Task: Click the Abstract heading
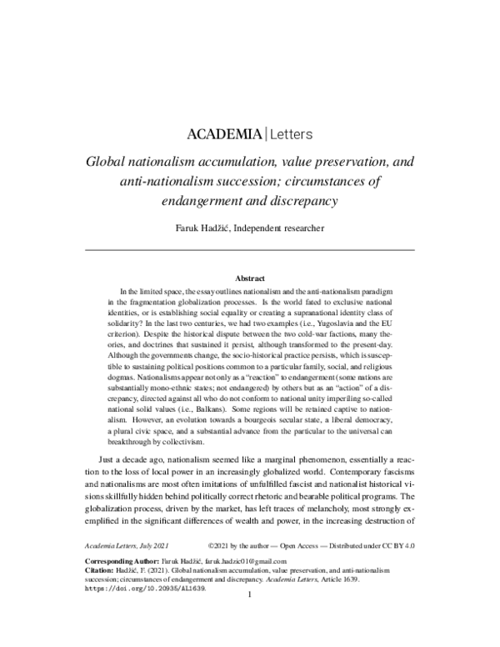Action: pos(250,278)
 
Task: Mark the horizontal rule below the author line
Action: pos(250,249)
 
